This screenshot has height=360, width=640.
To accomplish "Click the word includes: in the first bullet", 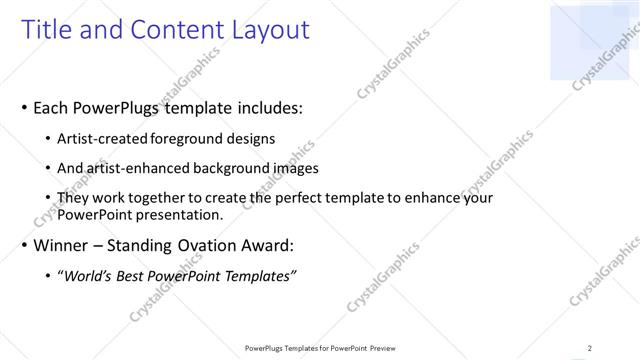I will coord(268,107).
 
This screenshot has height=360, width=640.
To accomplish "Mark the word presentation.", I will coord(179,214).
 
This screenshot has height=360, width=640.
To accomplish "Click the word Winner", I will coord(62,245).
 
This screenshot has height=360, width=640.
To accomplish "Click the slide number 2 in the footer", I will coord(589,348).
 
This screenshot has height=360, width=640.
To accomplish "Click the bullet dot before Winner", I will coord(22,246).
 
